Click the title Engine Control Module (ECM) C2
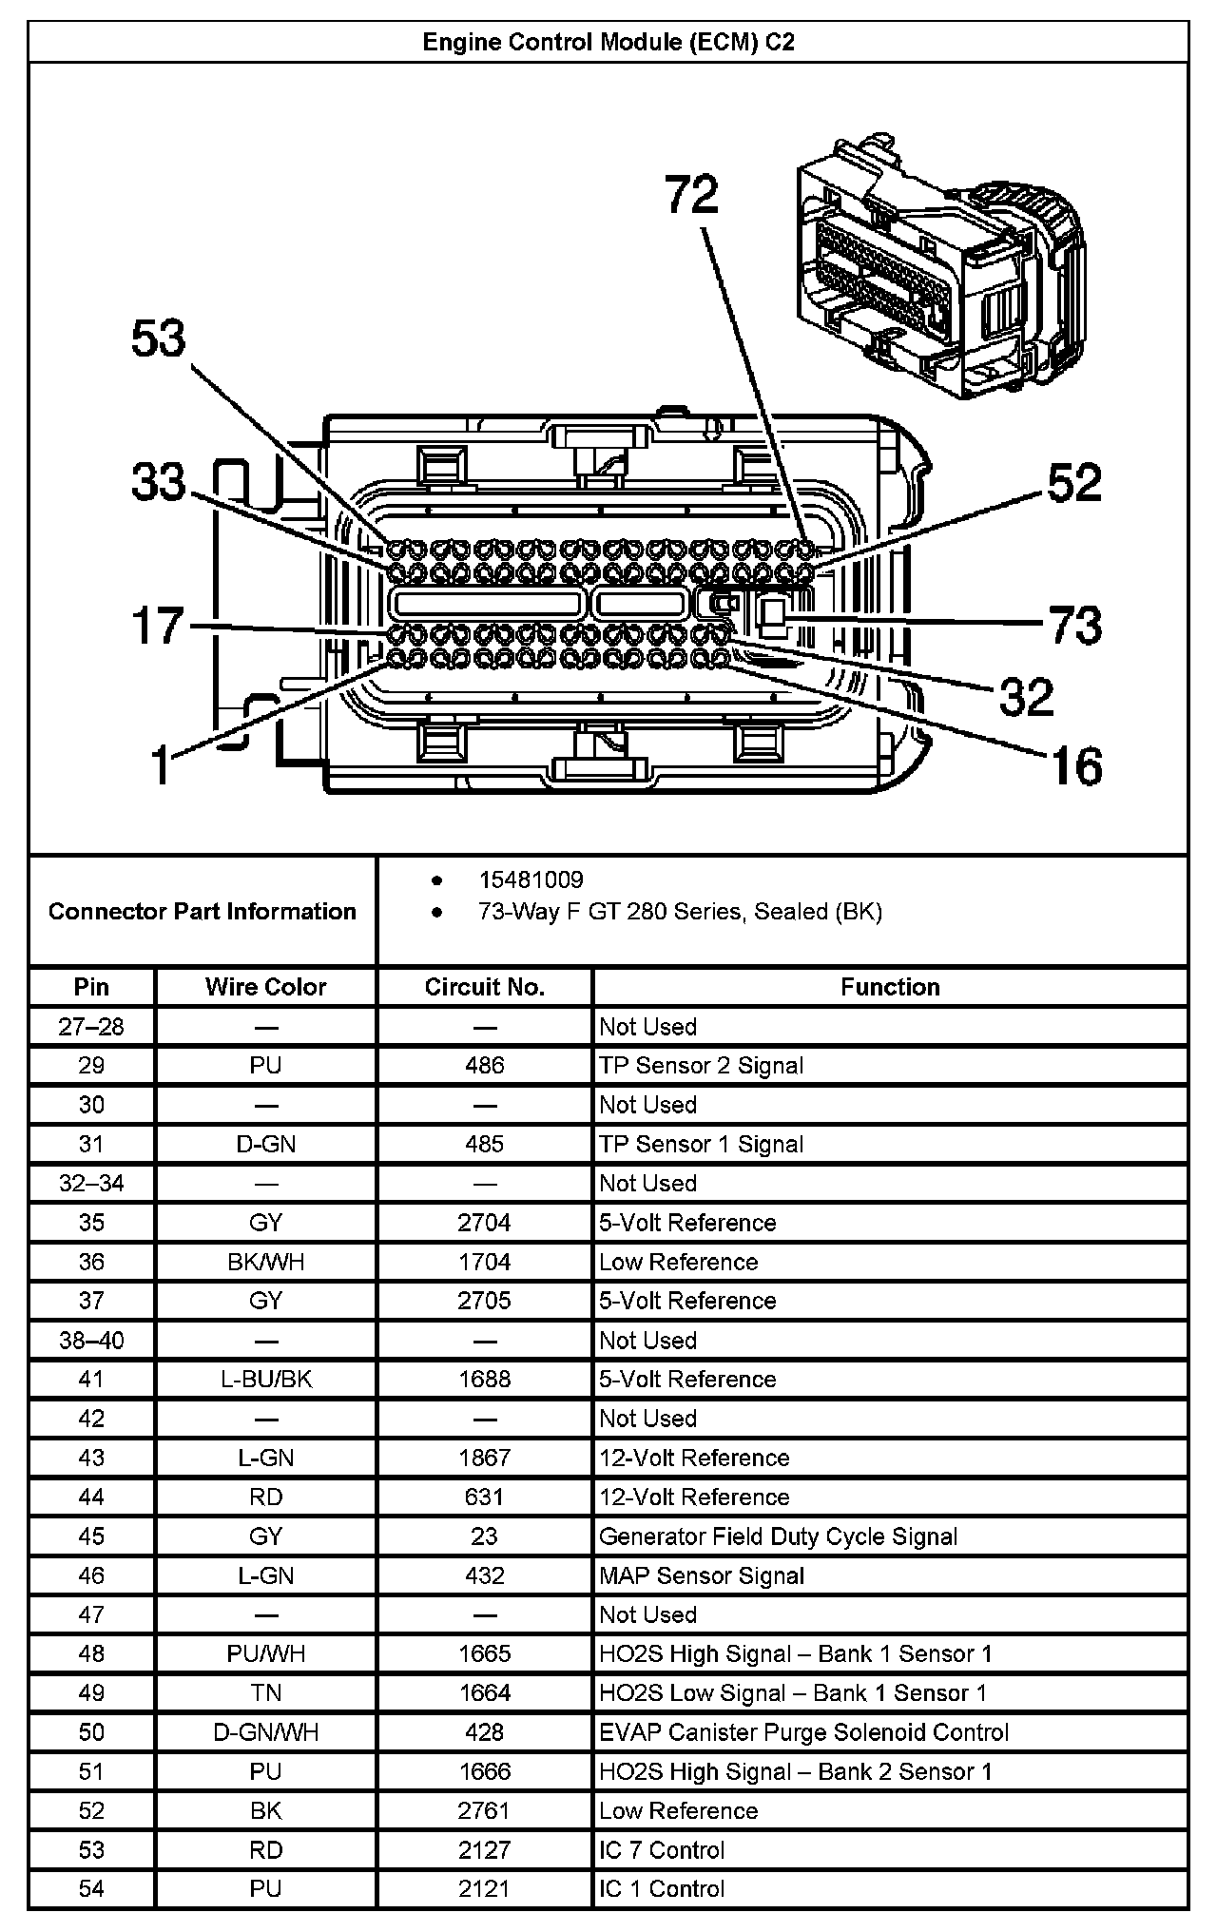coord(608,43)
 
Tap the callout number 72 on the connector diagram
coord(691,197)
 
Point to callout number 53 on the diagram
coord(159,339)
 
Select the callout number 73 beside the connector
coord(1075,625)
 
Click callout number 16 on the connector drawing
coord(1076,765)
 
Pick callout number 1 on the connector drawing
coord(163,763)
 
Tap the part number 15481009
coord(531,879)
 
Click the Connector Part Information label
coord(203,912)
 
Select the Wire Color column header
coord(265,987)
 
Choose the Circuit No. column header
coord(484,987)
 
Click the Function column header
coord(889,987)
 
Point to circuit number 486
coord(484,1066)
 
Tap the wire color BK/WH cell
coord(265,1262)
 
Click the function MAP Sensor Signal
coord(702,1575)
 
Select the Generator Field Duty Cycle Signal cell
coord(778,1536)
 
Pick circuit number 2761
coord(484,1810)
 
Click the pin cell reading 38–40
coord(91,1341)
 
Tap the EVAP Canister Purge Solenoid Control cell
coord(803,1732)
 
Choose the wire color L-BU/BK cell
coord(265,1380)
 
